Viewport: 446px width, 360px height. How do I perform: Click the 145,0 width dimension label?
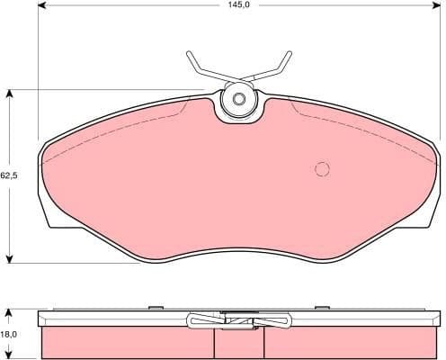[238, 5]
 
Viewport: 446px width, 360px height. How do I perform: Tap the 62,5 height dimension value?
[8, 175]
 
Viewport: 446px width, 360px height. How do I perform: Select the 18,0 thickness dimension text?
[8, 333]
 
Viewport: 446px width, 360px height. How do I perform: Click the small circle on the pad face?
[322, 168]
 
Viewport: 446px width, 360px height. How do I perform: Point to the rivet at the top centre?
[239, 101]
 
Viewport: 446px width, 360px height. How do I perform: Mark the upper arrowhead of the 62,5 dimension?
[9, 93]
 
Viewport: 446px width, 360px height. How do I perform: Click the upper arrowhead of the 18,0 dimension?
[9, 312]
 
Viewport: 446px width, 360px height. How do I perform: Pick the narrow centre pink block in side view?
[239, 344]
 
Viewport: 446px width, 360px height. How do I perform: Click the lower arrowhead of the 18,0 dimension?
[9, 355]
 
